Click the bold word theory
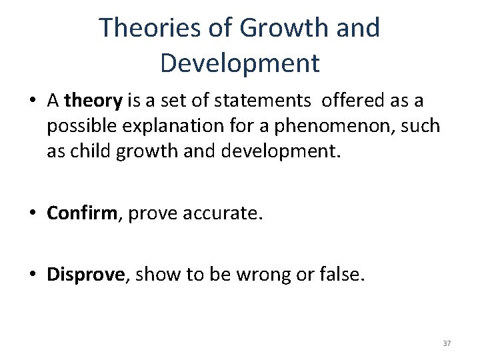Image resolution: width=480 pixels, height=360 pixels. pyautogui.click(x=94, y=101)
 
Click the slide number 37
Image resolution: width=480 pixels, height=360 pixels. pyautogui.click(x=447, y=343)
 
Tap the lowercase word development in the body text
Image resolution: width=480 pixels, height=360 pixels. pyautogui.click(x=285, y=151)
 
